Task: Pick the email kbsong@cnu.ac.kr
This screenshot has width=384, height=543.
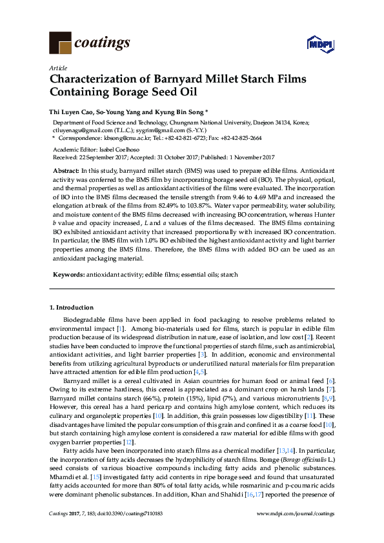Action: pyautogui.click(x=129, y=138)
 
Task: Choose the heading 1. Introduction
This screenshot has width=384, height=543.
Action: pyautogui.click(x=71, y=307)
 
